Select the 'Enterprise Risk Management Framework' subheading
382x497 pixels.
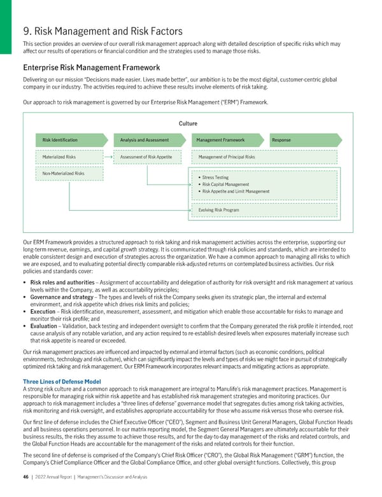tap(91, 67)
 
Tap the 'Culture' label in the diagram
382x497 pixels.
tap(188, 123)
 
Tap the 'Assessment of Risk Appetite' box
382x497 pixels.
tap(147, 157)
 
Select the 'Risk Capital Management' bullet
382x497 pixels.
tap(226, 185)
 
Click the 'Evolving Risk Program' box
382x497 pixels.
tap(219, 209)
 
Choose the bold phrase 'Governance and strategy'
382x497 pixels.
tap(56, 296)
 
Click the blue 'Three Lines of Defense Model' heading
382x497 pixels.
tap(62, 381)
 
